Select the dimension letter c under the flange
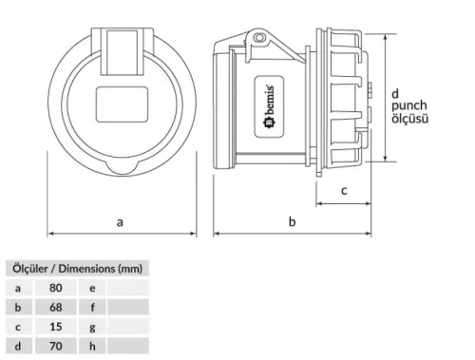pos(344,190)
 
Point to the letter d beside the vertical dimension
pos(395,93)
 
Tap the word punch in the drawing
pos(408,105)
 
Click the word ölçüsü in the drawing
pos(410,119)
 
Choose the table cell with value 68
pos(56,307)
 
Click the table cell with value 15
pos(56,327)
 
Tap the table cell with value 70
pos(56,347)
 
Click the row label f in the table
pos(92,307)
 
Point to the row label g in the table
pos(92,327)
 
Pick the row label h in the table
pos(92,347)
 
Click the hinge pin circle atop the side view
pos(256,38)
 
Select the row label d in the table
pos(17,347)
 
